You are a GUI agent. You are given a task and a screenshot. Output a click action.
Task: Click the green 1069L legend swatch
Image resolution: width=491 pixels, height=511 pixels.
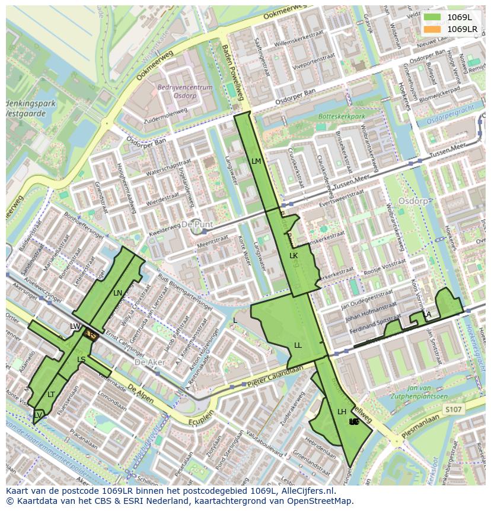coord(433,17)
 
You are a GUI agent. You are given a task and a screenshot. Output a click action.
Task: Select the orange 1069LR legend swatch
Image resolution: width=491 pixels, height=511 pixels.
coord(433,28)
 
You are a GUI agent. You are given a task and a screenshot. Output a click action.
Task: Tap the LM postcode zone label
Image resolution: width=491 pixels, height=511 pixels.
coord(256,161)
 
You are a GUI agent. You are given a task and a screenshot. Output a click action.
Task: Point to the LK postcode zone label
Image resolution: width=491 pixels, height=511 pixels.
coord(294,255)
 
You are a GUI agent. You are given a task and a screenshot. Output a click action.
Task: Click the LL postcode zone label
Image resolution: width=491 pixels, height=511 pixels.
coord(298,345)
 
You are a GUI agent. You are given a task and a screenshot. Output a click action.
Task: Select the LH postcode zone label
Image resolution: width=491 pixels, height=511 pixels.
coord(342,411)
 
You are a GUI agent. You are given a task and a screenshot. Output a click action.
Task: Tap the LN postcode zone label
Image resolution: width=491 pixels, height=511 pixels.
coord(117,293)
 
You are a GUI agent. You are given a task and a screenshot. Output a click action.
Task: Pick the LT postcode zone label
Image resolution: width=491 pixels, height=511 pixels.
coord(51,394)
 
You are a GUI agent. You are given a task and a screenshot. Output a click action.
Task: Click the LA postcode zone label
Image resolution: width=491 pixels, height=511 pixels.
coord(426,314)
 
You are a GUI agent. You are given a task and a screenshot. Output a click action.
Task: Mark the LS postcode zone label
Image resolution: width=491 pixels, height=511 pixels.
coord(81,360)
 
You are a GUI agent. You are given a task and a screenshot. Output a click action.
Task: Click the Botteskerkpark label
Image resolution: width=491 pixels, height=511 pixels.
coord(342,117)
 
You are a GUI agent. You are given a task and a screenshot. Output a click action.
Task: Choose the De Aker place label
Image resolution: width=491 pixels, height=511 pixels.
coord(148,361)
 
